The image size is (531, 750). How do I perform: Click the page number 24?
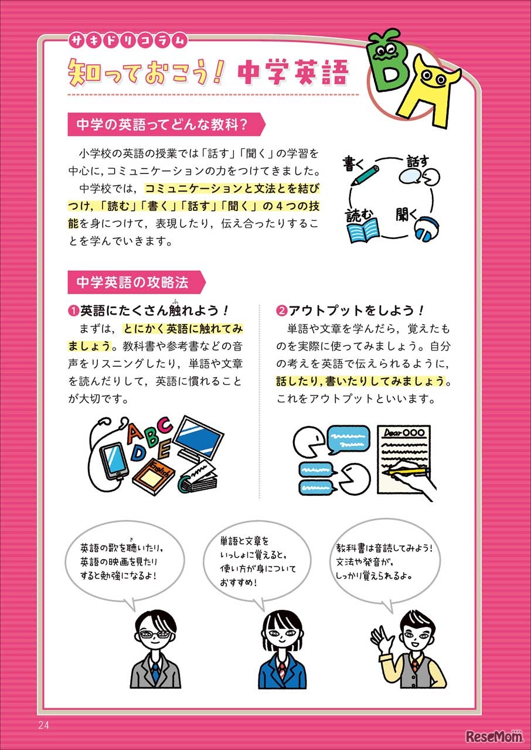tap(43, 725)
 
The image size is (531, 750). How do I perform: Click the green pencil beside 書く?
tap(366, 174)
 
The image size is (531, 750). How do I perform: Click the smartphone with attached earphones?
tap(115, 458)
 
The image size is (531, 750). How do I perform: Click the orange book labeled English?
tap(153, 475)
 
